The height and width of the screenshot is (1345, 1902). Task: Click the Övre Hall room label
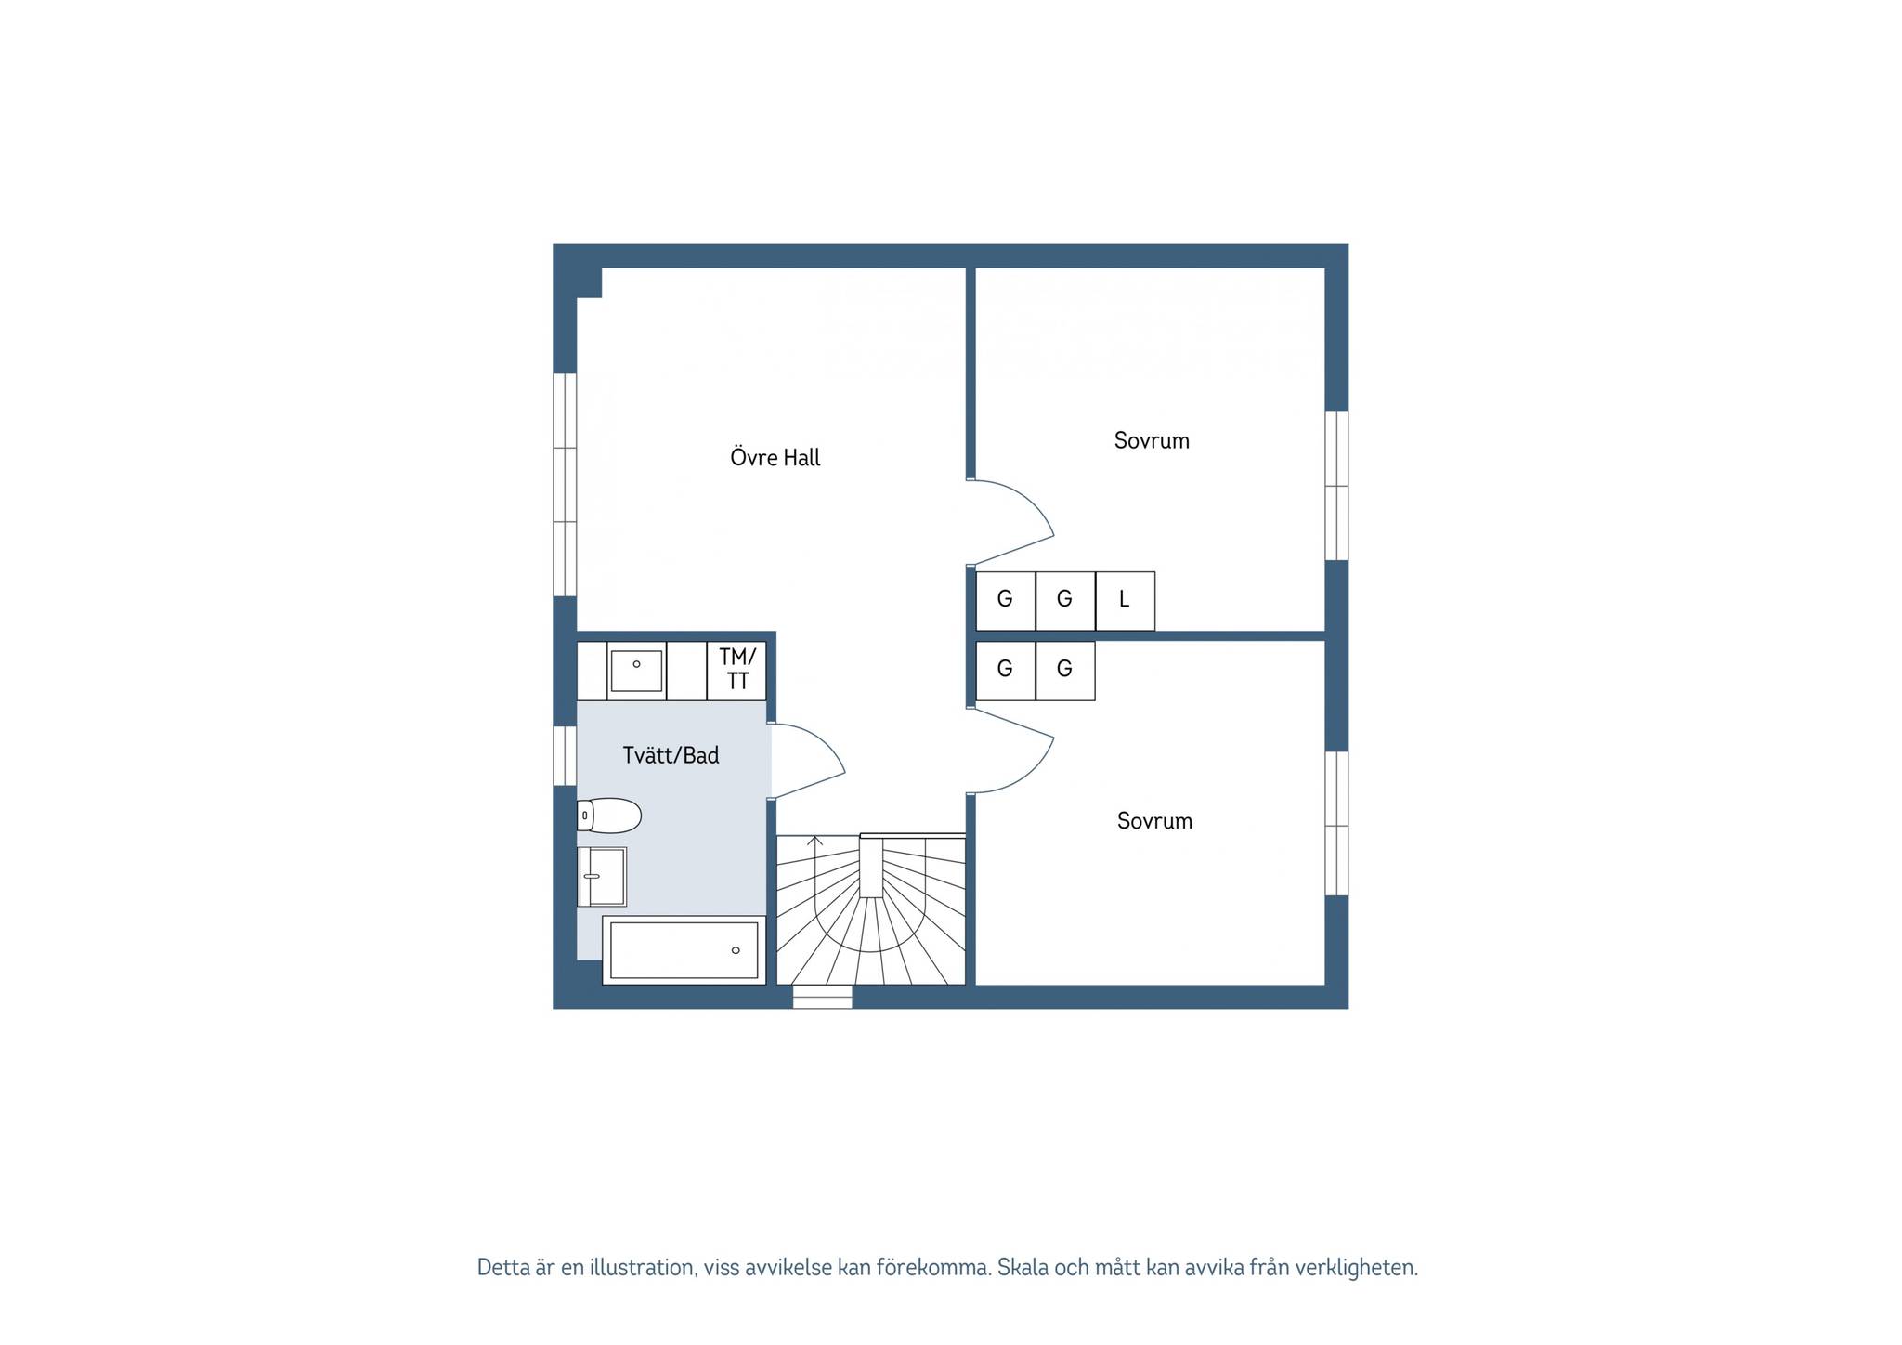click(775, 457)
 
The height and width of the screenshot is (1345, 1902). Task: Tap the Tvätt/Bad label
click(671, 755)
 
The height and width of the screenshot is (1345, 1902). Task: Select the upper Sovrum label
click(1152, 440)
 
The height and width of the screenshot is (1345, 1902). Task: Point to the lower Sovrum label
click(1154, 821)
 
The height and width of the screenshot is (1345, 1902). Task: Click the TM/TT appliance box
click(736, 671)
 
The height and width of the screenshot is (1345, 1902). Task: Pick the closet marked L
click(1125, 600)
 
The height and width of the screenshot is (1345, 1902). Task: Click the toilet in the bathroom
click(609, 816)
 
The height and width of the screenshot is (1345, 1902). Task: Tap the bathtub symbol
click(684, 950)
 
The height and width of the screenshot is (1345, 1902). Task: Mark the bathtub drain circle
click(736, 950)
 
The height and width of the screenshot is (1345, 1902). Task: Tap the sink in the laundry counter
click(636, 671)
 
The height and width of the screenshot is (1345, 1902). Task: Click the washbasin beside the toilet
click(602, 876)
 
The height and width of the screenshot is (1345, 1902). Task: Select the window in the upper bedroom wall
click(1336, 486)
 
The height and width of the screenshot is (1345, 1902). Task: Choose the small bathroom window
click(565, 755)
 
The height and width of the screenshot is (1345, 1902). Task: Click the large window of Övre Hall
click(565, 485)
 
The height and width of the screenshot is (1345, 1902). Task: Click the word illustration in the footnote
click(642, 1268)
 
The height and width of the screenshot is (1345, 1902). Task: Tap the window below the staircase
click(822, 997)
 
